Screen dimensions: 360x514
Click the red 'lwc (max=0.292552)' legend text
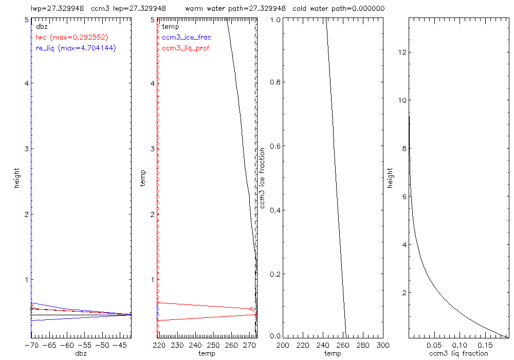click(x=72, y=37)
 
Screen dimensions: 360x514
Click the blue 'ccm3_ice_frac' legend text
click(x=186, y=37)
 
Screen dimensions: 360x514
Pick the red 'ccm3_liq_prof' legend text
click(x=186, y=48)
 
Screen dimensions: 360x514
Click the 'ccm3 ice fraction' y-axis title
click(x=263, y=178)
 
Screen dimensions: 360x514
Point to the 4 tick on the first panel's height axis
click(x=25, y=83)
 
